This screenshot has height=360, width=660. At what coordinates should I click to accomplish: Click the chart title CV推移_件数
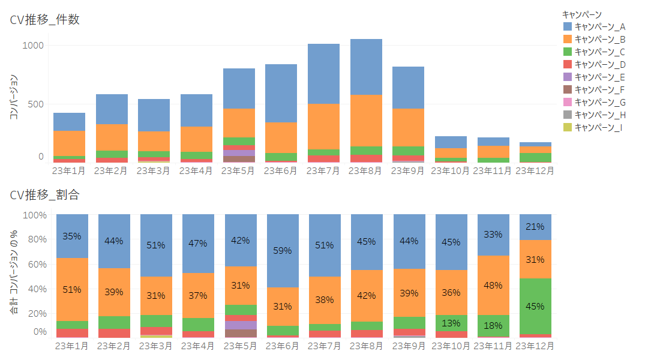click(x=45, y=19)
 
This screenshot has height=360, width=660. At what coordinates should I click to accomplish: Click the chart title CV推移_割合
click(x=45, y=194)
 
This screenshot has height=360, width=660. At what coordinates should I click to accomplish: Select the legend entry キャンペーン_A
click(x=600, y=26)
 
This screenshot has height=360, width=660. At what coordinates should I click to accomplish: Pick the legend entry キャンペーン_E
click(x=600, y=77)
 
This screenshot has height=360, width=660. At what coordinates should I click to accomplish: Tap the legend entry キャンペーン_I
click(x=599, y=127)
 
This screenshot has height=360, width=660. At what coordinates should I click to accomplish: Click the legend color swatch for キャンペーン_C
click(x=568, y=52)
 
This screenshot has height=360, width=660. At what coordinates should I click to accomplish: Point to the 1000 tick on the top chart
click(x=32, y=46)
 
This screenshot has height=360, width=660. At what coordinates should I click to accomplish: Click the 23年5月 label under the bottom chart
click(x=241, y=346)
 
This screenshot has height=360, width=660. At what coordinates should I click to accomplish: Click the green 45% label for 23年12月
click(x=535, y=306)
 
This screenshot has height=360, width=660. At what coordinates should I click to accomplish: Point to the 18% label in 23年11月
click(x=493, y=325)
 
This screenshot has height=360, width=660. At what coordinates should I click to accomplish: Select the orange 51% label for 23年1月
click(x=71, y=290)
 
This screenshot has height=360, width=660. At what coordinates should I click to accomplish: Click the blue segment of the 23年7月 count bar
click(x=324, y=74)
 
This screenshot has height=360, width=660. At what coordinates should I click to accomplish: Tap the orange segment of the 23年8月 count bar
click(x=366, y=120)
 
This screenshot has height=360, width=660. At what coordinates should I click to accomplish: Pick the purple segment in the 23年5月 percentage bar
click(x=241, y=325)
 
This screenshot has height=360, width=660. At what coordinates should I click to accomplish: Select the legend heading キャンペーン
click(x=581, y=14)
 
